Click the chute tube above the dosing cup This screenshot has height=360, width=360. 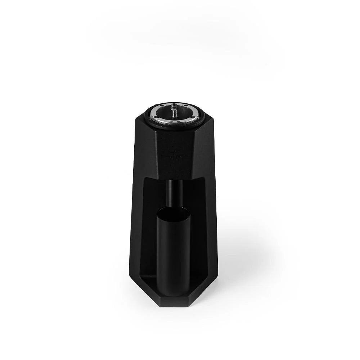coord(174,193)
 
